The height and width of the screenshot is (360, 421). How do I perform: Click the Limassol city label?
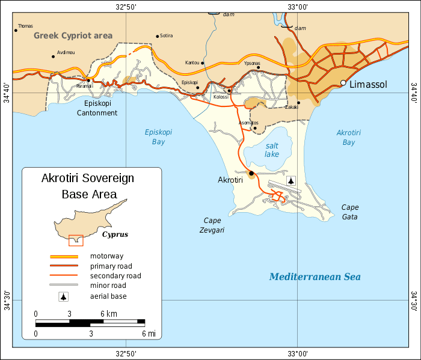[x=370, y=84]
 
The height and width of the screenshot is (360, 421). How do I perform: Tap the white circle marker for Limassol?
[x=343, y=83]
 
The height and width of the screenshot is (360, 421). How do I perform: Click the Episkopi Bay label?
[x=155, y=137]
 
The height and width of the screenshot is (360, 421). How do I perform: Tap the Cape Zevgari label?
[x=213, y=224]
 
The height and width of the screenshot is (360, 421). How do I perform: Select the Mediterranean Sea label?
[x=315, y=276]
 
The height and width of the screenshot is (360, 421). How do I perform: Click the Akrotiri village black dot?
[x=251, y=174]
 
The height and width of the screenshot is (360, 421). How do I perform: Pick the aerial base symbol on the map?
[x=292, y=180]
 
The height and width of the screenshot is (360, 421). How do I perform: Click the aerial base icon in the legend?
[x=64, y=296]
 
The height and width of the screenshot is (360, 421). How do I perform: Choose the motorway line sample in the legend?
[x=64, y=257]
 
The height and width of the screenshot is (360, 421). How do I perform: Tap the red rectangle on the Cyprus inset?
[x=76, y=240]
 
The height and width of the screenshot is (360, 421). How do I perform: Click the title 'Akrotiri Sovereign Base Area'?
[x=88, y=186]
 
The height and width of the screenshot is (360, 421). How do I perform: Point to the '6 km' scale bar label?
[x=108, y=314]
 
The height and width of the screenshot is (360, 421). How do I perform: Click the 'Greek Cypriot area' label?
[x=73, y=35]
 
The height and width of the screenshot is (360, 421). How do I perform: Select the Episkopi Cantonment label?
[x=100, y=108]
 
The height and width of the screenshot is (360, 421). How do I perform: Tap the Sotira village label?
[x=167, y=35]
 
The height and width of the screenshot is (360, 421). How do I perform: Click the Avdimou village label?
[x=66, y=52]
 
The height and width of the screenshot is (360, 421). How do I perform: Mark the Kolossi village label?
[x=221, y=97]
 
